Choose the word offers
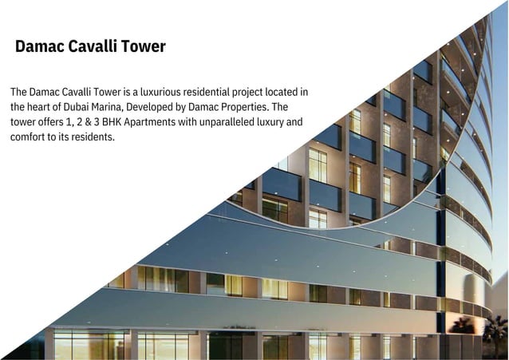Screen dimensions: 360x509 (x=54, y=122)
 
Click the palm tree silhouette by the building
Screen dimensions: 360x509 (x=462, y=326)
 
